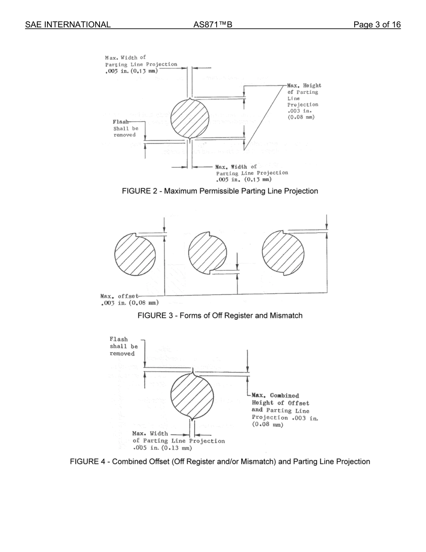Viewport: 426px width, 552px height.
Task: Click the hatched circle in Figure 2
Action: [190, 118]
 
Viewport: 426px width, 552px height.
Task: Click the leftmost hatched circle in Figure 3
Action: [135, 254]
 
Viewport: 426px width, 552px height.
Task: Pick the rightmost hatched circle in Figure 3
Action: [283, 253]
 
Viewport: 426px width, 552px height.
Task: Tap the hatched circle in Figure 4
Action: [192, 395]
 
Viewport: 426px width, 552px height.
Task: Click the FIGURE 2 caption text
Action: [220, 191]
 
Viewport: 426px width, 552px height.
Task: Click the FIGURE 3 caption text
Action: [220, 316]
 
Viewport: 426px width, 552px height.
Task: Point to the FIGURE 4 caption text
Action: [220, 462]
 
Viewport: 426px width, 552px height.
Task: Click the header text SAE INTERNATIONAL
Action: [68, 25]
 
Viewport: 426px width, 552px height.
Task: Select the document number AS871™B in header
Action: [213, 25]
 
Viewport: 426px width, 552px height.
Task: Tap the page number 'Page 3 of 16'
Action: [377, 25]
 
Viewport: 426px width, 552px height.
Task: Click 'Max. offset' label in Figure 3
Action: [119, 296]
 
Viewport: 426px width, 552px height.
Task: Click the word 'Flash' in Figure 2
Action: [121, 122]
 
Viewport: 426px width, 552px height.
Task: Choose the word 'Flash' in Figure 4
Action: [119, 339]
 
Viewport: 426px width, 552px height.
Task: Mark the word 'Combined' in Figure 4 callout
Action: [284, 396]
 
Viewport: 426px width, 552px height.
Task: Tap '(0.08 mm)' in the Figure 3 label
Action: [143, 303]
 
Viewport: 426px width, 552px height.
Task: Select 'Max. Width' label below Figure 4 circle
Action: [150, 434]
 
